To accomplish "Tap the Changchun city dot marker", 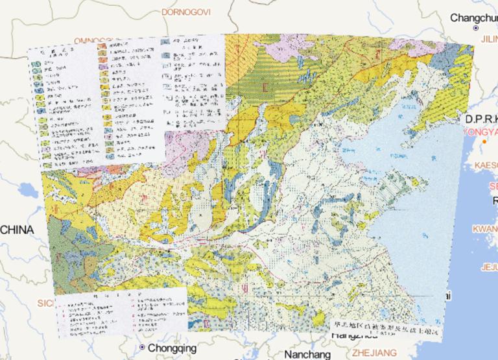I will coord(476,29).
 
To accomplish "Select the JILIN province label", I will coord(486,39).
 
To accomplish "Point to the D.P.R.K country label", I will coord(480,119).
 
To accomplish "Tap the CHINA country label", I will coord(17,230).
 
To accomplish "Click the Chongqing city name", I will coord(172,348).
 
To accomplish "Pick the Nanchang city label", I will coord(307,354).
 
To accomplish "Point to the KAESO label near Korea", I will coord(486,165).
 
